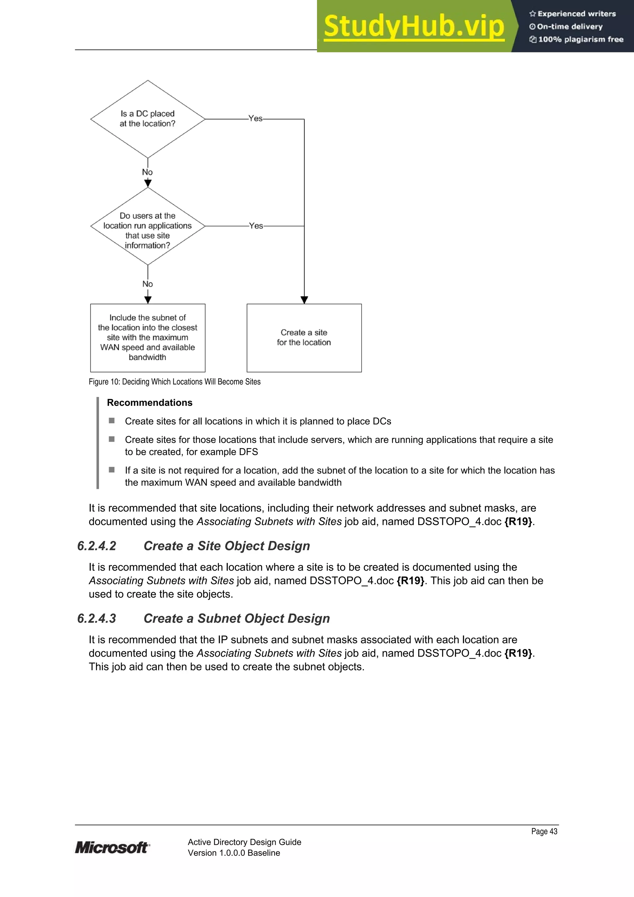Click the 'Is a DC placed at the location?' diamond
coord(148,119)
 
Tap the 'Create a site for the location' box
coord(304,337)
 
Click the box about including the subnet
coord(148,337)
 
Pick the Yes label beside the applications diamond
coord(256,226)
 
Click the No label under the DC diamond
coord(147,172)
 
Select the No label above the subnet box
coord(148,284)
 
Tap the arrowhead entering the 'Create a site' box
coord(304,300)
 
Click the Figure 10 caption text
coord(175,382)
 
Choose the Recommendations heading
coord(150,403)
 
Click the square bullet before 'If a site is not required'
coord(112,470)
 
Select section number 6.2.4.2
coord(97,546)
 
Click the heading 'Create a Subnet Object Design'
coord(237,618)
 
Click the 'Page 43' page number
coord(544,831)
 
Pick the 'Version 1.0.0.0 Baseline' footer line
coord(234,853)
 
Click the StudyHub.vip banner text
coord(414,27)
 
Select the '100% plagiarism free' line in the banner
coord(577,39)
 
